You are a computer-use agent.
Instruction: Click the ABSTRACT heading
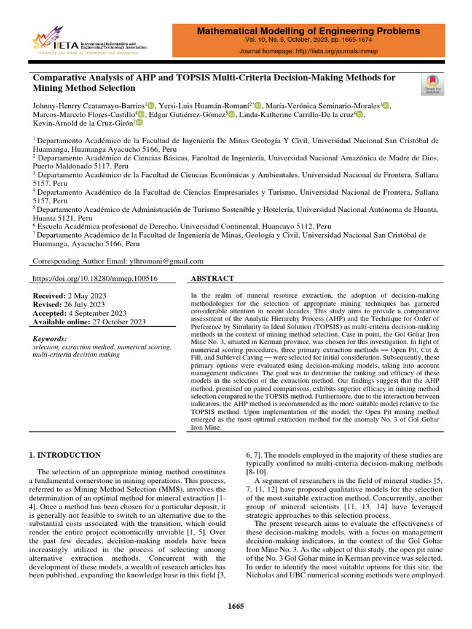pos(213,278)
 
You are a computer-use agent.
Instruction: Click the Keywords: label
pos(49,338)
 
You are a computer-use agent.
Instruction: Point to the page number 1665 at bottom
pos(236,606)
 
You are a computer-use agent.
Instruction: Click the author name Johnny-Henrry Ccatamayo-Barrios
pos(88,105)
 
